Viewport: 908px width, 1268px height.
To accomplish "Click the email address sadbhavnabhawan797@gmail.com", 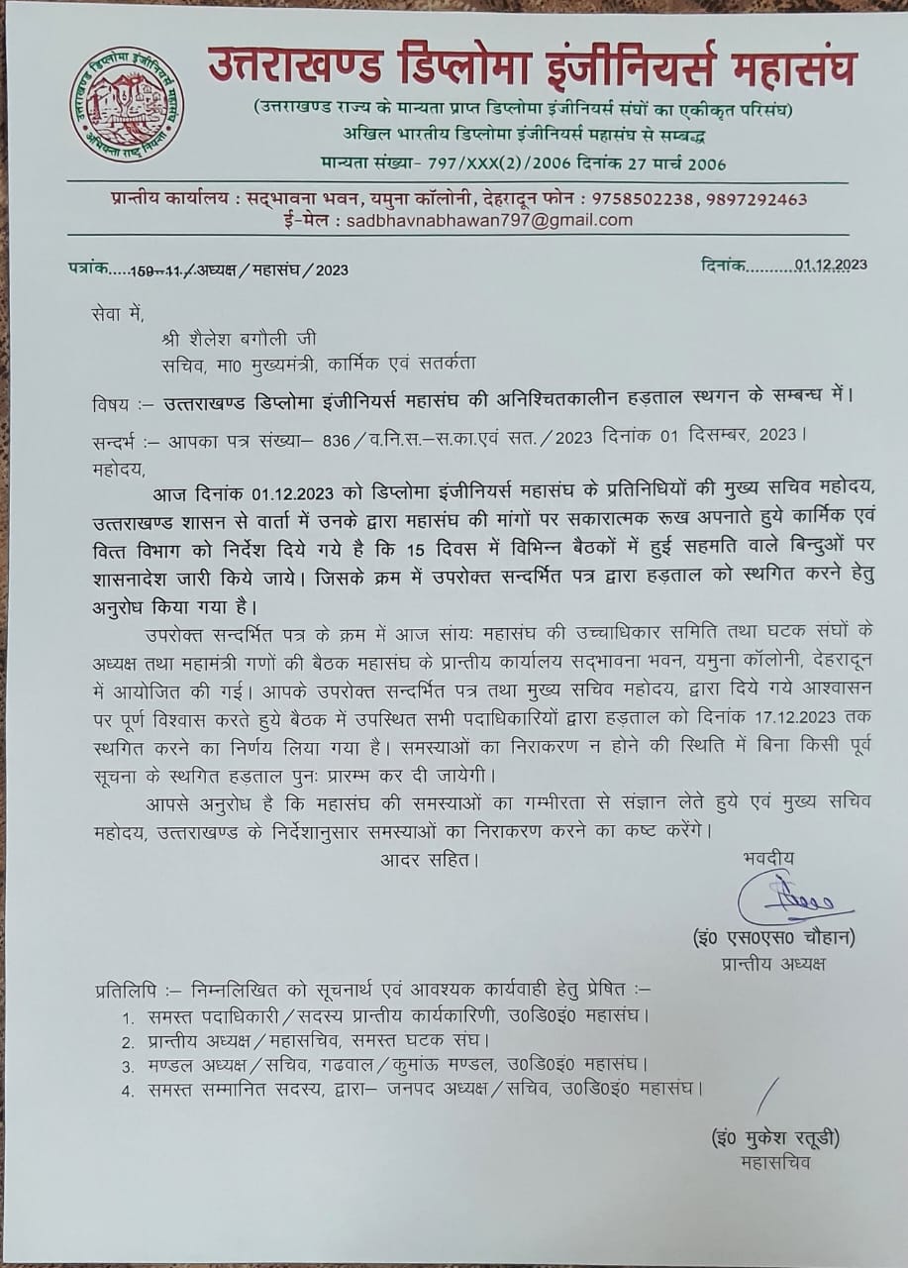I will (x=489, y=220).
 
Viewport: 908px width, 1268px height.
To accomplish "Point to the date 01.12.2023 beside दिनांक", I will (x=831, y=264).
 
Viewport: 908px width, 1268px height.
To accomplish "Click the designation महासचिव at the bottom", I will (x=774, y=1162).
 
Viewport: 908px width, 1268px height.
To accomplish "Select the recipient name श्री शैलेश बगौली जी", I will (x=237, y=339).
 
